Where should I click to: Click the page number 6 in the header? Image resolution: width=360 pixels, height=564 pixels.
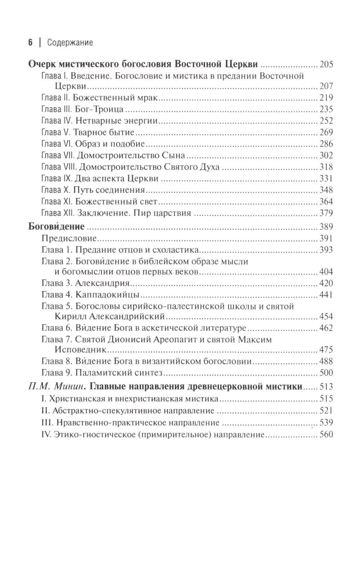point(30,42)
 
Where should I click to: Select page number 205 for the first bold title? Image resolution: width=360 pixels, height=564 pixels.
point(326,65)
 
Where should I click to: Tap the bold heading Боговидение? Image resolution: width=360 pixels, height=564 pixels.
point(57,226)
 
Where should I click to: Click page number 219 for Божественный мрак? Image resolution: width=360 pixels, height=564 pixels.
point(326,98)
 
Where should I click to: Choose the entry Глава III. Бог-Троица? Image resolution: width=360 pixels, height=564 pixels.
point(82,109)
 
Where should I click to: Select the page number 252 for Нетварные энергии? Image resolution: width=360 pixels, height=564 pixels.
point(326,121)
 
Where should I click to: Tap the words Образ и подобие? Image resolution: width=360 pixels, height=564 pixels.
point(110,144)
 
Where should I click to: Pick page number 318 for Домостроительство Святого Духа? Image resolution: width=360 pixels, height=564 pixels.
point(326,167)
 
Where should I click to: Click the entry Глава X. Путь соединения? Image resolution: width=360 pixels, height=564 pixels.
point(93,190)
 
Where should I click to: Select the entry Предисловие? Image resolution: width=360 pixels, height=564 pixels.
point(69,238)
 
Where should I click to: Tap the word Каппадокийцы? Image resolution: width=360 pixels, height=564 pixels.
point(107,295)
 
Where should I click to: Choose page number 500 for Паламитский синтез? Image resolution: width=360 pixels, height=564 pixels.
point(326,373)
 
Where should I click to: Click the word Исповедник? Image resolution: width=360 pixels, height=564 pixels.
point(75,349)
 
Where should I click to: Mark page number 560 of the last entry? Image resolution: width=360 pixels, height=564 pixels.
point(326,434)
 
